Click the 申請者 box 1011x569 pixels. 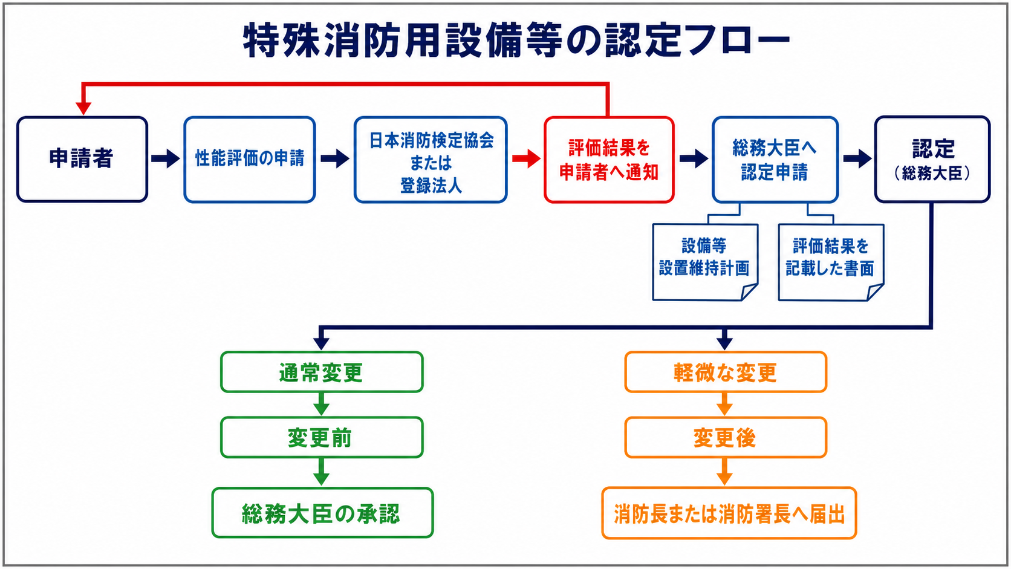82,159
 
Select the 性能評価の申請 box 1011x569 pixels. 250,159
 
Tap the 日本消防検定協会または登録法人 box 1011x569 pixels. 431,159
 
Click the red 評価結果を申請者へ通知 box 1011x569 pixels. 609,159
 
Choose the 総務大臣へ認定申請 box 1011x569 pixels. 775,159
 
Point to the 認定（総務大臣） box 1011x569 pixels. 932,159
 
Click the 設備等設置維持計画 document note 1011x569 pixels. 705,262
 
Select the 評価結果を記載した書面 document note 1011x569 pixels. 831,262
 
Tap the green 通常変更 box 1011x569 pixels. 322,372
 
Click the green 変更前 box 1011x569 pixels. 322,438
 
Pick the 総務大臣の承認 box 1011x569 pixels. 322,513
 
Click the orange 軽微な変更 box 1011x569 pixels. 726,372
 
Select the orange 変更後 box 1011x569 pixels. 726,438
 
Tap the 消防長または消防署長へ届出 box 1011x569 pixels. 729,513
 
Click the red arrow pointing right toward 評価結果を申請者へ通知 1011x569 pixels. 526,158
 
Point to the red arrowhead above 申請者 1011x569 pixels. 83,108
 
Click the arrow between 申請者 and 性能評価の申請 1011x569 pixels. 166,158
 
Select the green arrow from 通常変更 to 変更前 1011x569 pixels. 321,404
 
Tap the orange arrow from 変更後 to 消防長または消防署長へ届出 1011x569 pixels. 724,472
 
